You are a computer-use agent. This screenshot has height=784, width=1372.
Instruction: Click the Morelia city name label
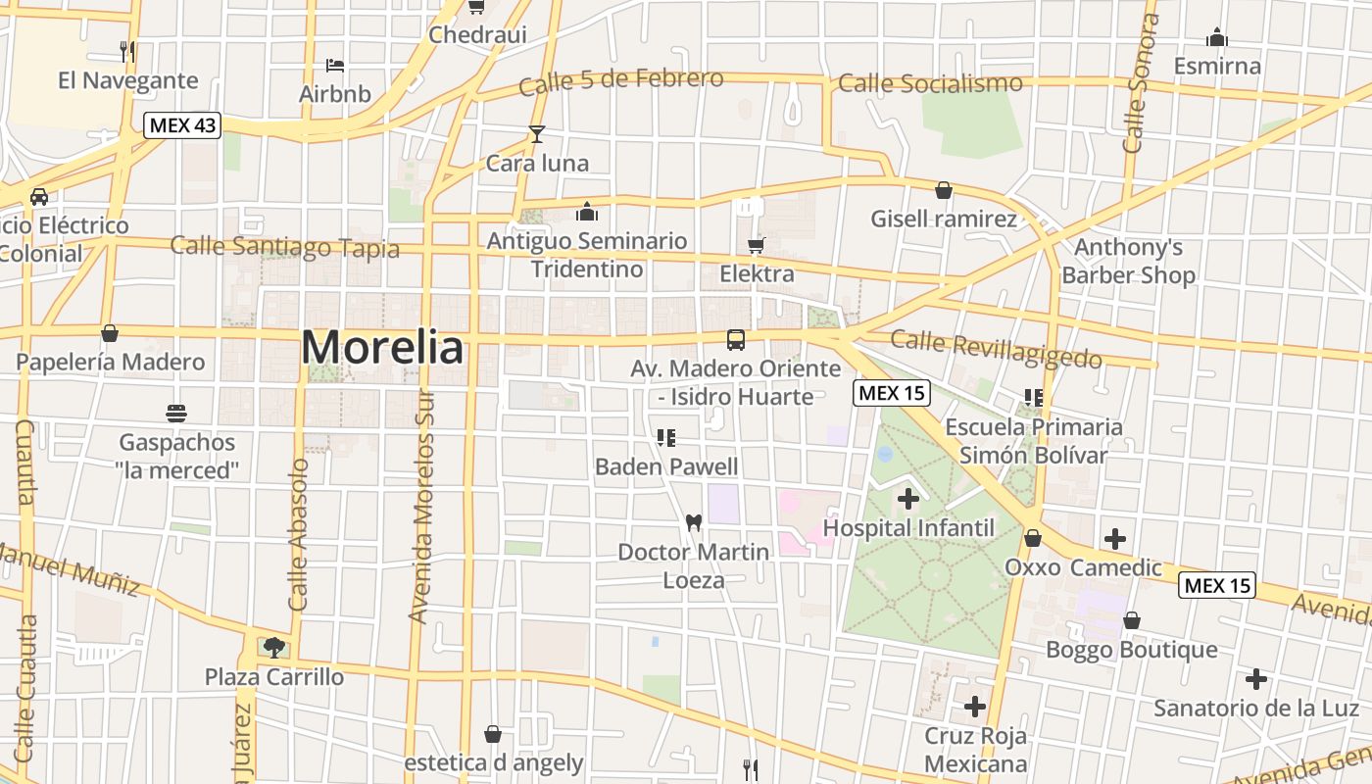382,347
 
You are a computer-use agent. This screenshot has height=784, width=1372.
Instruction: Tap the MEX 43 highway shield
182,125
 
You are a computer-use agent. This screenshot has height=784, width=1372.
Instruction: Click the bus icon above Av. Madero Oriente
736,340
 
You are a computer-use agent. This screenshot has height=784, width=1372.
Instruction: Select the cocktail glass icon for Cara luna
536,134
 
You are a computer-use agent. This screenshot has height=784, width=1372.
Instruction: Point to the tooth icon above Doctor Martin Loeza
694,523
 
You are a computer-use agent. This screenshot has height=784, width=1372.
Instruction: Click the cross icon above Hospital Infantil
908,499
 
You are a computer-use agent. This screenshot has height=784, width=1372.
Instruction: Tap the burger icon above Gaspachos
176,414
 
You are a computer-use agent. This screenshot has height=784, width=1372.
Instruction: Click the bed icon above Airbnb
335,66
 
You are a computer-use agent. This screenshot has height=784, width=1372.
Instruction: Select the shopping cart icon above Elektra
756,245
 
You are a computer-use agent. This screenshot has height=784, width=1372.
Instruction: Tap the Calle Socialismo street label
930,83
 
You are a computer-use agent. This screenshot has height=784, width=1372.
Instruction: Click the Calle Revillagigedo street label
996,348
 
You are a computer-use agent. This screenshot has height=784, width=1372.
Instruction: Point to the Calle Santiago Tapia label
285,246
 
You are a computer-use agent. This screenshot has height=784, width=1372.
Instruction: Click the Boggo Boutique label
1132,650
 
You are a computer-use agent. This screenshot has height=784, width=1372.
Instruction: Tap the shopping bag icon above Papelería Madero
110,333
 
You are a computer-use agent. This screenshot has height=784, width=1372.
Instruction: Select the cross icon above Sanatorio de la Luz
1255,679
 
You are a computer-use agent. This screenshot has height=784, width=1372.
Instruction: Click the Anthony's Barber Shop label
1128,261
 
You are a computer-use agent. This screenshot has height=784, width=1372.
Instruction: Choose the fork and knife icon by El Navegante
126,51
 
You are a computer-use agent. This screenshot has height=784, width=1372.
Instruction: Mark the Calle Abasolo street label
299,534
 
